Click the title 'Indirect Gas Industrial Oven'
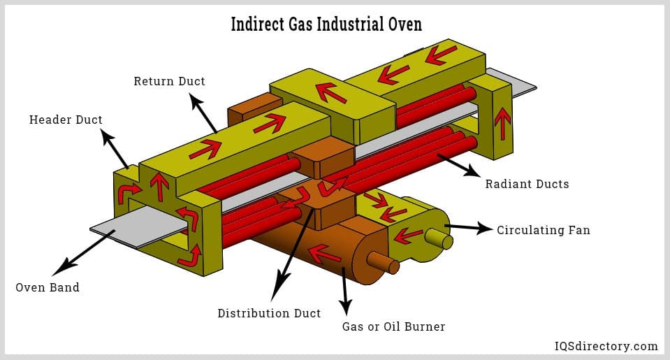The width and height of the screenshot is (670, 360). pos(326,24)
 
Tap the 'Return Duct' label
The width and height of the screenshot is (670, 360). pos(169,82)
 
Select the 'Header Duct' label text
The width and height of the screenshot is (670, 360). pos(66,120)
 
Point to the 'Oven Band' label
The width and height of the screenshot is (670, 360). pos(48,287)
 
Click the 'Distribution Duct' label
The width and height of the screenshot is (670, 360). pos(269,313)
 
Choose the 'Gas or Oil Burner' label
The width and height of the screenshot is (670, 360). pos(393,326)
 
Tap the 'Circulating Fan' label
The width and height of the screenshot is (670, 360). pos(543,230)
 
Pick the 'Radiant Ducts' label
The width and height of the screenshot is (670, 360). pos(527,185)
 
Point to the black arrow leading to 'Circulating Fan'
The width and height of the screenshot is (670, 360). pos(467,228)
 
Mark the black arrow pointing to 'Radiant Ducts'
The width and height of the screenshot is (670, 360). pos(458,165)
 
